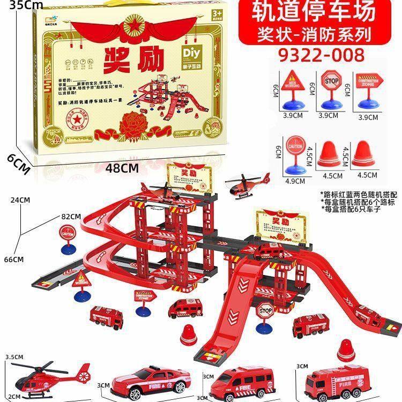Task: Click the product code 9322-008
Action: coord(322,55)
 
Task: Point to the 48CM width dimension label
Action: coord(121,168)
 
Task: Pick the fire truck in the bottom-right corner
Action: coord(333,381)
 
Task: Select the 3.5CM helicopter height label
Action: coord(13,356)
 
